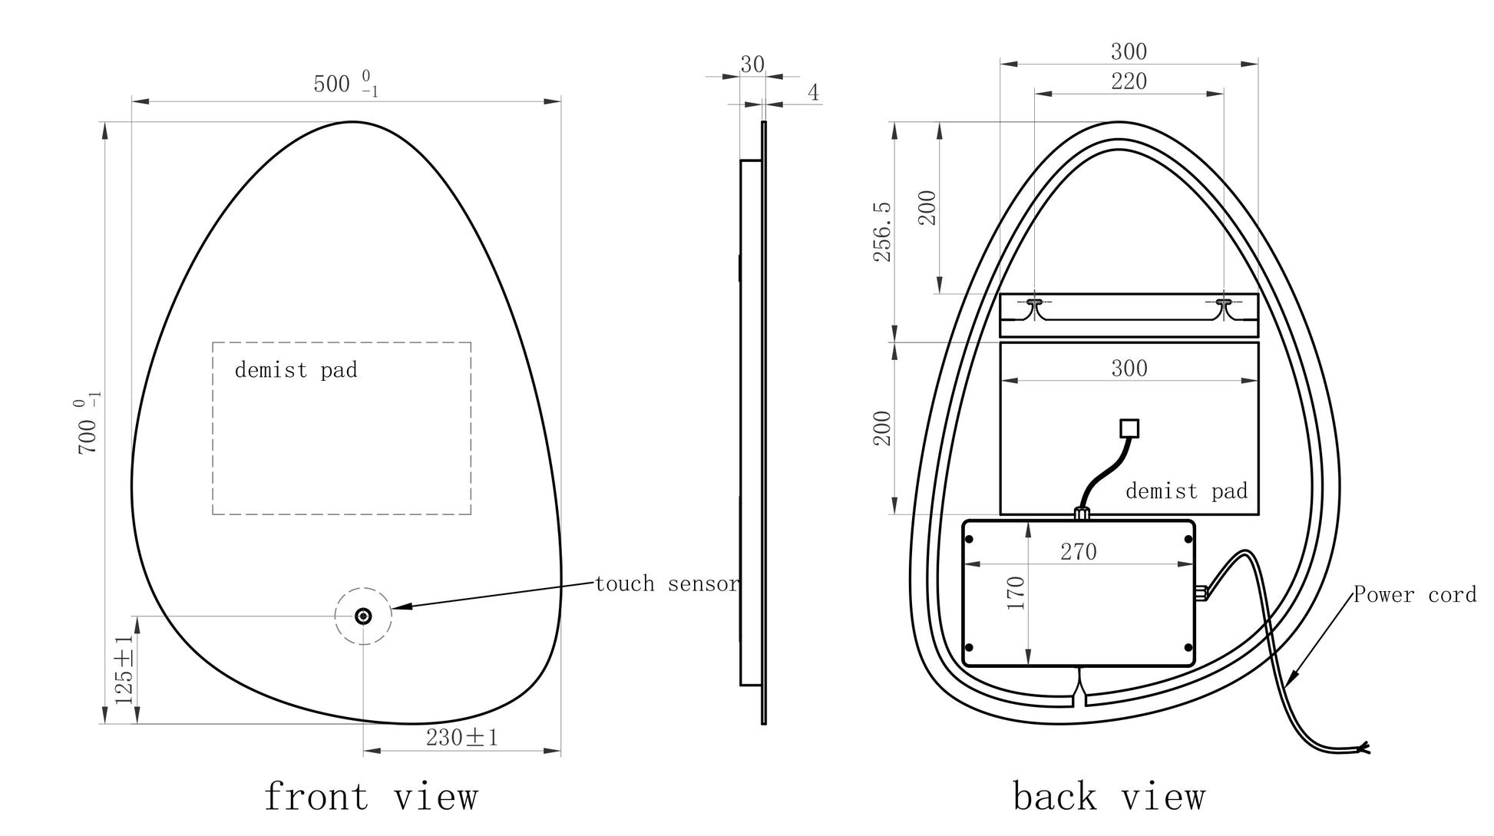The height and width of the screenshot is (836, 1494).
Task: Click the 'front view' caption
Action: point(371,797)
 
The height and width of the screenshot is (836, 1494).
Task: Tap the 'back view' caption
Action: point(1109,797)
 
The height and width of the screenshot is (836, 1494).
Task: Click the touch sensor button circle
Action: point(363,616)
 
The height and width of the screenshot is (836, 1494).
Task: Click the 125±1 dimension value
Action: point(124,670)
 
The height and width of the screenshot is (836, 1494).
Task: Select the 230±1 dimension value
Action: point(462,738)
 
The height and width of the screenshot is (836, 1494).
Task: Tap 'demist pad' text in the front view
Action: point(296,370)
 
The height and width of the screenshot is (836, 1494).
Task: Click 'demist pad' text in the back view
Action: point(1186,491)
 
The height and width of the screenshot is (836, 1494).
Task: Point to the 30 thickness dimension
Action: point(752,64)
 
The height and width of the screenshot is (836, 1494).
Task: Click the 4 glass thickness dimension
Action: point(813,93)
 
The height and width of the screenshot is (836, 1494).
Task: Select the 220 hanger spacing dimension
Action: point(1129,81)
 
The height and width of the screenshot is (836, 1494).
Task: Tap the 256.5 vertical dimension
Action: point(883,232)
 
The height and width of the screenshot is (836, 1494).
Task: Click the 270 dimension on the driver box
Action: point(1078,552)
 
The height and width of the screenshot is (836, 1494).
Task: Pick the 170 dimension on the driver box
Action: point(1015,593)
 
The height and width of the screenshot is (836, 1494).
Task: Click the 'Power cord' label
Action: point(1414,595)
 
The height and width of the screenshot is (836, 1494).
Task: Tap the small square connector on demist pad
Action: point(1129,428)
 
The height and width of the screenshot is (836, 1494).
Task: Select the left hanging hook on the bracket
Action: point(1034,305)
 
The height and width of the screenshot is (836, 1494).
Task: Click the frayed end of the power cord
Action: point(1363,747)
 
